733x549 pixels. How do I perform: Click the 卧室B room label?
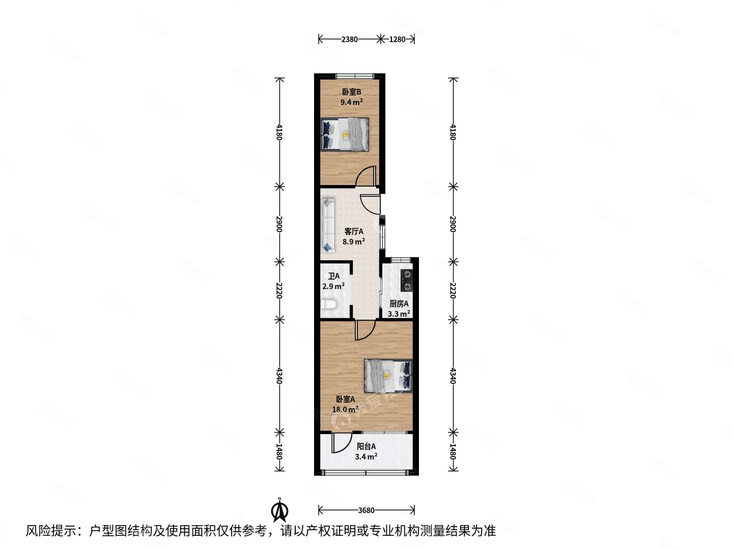[351, 92]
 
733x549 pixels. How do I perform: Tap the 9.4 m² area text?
[351, 102]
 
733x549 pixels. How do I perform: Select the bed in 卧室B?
[345, 134]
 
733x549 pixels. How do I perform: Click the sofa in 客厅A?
[328, 225]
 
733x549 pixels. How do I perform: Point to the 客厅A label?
[354, 231]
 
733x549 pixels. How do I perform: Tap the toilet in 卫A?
[329, 305]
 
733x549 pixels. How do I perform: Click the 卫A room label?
[334, 276]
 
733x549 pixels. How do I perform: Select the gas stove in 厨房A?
[406, 280]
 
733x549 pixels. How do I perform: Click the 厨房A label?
[399, 303]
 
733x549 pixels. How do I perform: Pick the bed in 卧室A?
[388, 376]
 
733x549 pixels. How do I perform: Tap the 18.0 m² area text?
[345, 409]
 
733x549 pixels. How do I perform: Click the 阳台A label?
[366, 446]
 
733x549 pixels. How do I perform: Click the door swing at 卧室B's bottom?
[366, 177]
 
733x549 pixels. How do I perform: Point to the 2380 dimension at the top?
[349, 39]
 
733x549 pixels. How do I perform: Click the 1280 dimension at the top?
[397, 39]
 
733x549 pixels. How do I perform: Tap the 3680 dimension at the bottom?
[366, 510]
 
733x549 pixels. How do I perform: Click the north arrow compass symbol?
[280, 510]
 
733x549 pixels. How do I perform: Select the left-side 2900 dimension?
[279, 224]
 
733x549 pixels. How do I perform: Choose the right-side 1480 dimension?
[453, 451]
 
